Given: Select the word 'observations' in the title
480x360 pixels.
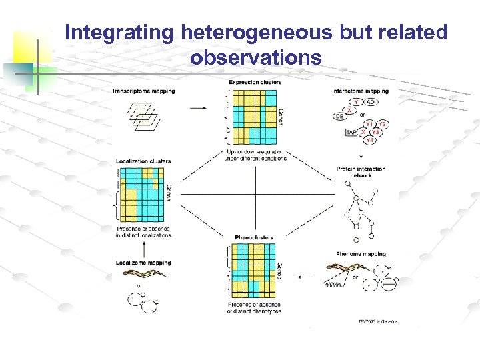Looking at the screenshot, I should pos(256,58).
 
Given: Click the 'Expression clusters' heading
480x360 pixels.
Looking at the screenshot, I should pos(255,82).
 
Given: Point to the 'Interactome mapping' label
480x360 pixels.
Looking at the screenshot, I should pos(360,91).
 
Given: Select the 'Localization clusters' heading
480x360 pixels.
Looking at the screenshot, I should pos(143,161).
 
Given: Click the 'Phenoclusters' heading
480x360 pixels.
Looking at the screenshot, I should pos(254,237).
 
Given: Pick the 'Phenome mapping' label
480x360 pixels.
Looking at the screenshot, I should pos(361,254).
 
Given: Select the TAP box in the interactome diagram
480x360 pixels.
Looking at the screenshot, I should pos(351,133).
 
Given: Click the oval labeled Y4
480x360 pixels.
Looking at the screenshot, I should pos(369,140).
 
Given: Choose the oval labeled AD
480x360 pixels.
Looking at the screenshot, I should pos(371,101).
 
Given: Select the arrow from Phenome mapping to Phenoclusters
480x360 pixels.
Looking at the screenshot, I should pos(305,275).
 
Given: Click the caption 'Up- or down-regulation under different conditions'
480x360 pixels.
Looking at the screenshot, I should pos(255,155).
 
